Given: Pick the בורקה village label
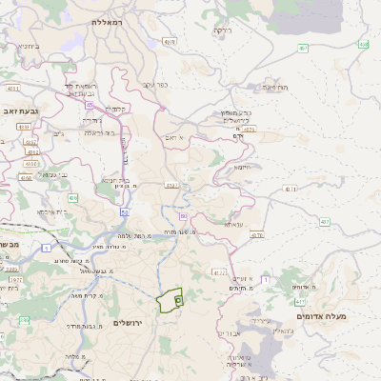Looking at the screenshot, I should point(221,30).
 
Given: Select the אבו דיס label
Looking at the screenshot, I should point(229,333).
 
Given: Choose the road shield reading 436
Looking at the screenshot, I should point(73,198).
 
